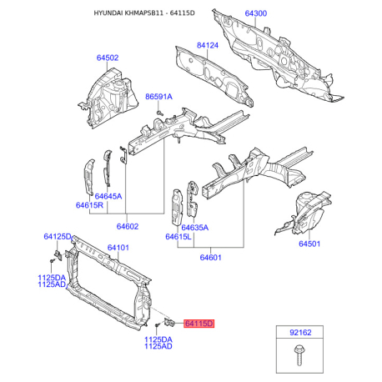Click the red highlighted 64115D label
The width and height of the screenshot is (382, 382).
tap(199, 324)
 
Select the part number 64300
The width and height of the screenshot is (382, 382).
tap(256, 13)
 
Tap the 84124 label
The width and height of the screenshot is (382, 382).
tap(208, 45)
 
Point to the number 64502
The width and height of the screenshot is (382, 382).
tap(108, 58)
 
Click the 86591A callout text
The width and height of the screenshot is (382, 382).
tap(158, 97)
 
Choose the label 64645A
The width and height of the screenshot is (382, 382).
tap(108, 196)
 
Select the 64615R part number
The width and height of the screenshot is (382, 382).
tap(89, 205)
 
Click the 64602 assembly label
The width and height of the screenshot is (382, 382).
tap(128, 226)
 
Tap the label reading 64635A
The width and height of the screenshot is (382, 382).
tap(194, 228)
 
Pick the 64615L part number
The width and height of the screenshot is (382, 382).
tap(178, 237)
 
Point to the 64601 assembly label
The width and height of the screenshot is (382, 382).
tap(211, 257)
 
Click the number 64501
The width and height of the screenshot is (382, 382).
tap(309, 244)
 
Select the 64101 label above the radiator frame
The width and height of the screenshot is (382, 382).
tap(118, 248)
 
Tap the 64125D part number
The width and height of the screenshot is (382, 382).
tap(58, 237)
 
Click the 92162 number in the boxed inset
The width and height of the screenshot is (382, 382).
tap(300, 333)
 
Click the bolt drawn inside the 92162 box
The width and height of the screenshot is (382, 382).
tap(299, 355)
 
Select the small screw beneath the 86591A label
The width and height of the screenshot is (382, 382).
tap(159, 113)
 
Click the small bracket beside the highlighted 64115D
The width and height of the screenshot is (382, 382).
tap(169, 323)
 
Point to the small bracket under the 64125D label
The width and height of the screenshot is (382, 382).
tap(58, 255)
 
